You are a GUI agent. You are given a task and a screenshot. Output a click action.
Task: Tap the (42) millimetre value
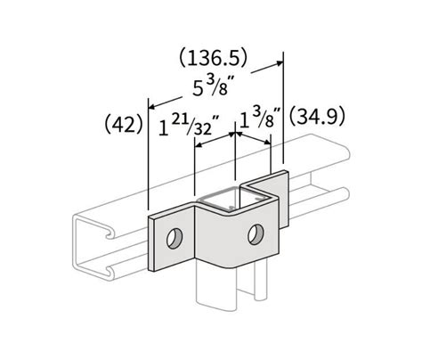tap(123, 123)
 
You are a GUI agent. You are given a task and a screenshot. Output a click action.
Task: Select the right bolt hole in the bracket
tap(258, 233)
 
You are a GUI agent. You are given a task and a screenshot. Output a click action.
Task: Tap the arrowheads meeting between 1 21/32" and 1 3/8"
tap(234, 134)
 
